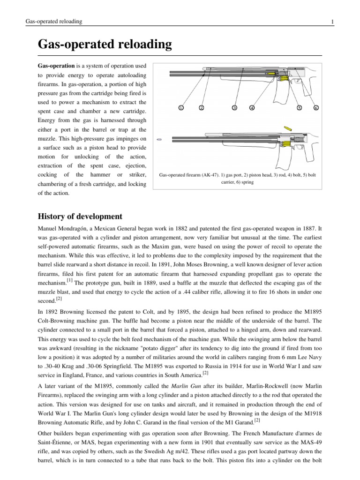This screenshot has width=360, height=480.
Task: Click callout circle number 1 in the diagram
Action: [x=180, y=108]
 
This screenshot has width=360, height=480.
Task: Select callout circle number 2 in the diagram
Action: [x=201, y=108]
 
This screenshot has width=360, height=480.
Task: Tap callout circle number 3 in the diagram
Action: [x=234, y=108]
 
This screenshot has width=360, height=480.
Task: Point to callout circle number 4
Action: [x=252, y=108]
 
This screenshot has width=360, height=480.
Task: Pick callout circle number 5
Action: [x=299, y=108]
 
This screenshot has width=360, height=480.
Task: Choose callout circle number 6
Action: [x=316, y=108]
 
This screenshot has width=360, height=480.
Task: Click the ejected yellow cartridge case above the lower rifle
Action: [x=287, y=128]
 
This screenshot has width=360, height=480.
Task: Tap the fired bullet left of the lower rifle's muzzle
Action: [x=159, y=140]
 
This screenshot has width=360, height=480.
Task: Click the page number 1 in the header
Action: [x=332, y=22]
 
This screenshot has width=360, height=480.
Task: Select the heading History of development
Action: [x=80, y=216]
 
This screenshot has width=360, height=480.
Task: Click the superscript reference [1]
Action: [x=69, y=280]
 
